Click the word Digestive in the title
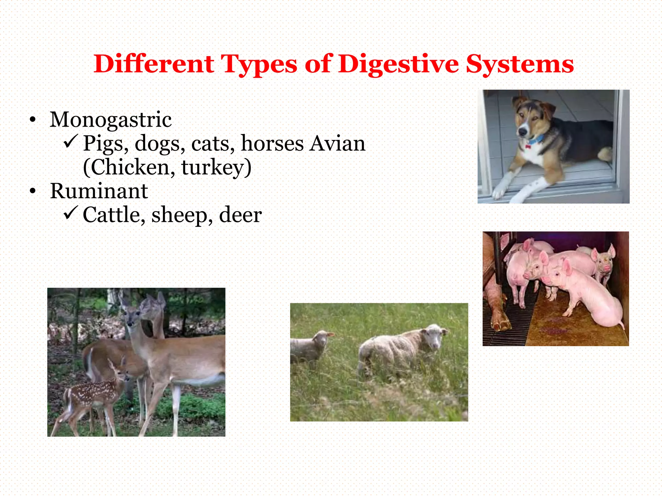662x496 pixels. [x=399, y=64]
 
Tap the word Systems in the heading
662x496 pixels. [x=519, y=64]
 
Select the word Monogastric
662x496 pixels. [x=111, y=119]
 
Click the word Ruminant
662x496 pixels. [x=99, y=191]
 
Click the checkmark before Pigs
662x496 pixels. [x=70, y=141]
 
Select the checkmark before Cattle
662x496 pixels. [x=70, y=213]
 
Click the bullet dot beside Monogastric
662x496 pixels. [x=32, y=120]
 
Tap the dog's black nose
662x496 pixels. [x=522, y=132]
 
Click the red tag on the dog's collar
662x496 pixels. [x=528, y=146]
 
